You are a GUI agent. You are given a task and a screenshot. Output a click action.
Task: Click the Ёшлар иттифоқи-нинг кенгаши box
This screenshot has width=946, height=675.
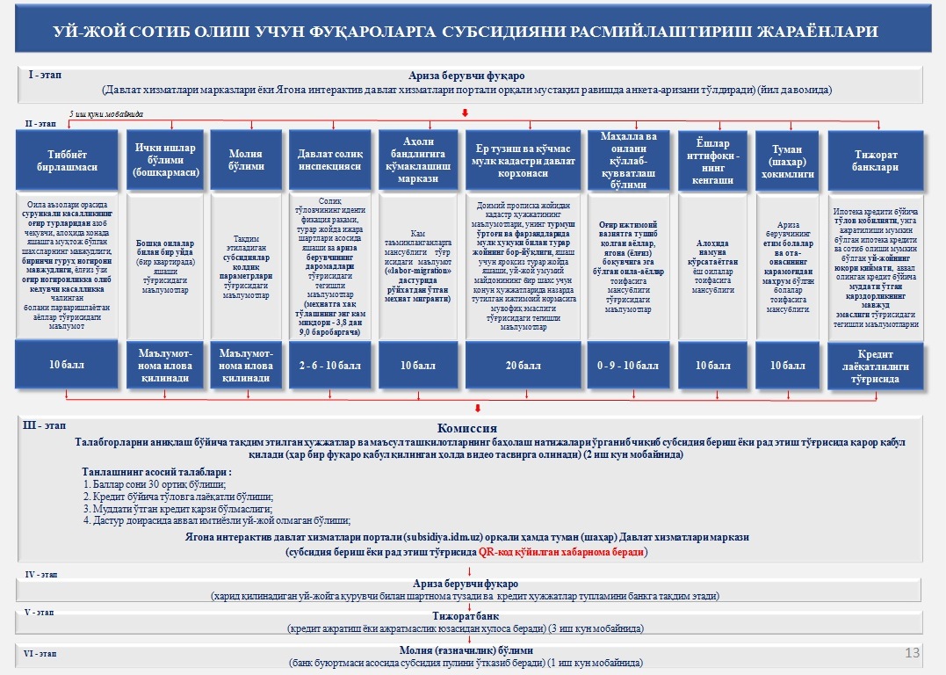click(712, 160)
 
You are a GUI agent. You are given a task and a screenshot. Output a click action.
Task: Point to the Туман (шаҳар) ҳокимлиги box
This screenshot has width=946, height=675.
click(788, 160)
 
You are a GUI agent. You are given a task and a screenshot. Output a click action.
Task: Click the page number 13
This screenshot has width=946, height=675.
click(911, 652)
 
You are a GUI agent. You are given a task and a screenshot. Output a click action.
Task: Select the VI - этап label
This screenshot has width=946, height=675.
click(40, 654)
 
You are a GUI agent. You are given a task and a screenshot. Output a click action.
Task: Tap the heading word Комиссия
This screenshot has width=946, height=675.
click(473, 427)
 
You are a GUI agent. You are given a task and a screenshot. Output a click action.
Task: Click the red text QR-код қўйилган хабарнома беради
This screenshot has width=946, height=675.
click(563, 552)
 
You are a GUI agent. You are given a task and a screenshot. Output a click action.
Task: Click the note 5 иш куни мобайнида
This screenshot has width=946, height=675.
click(107, 114)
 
